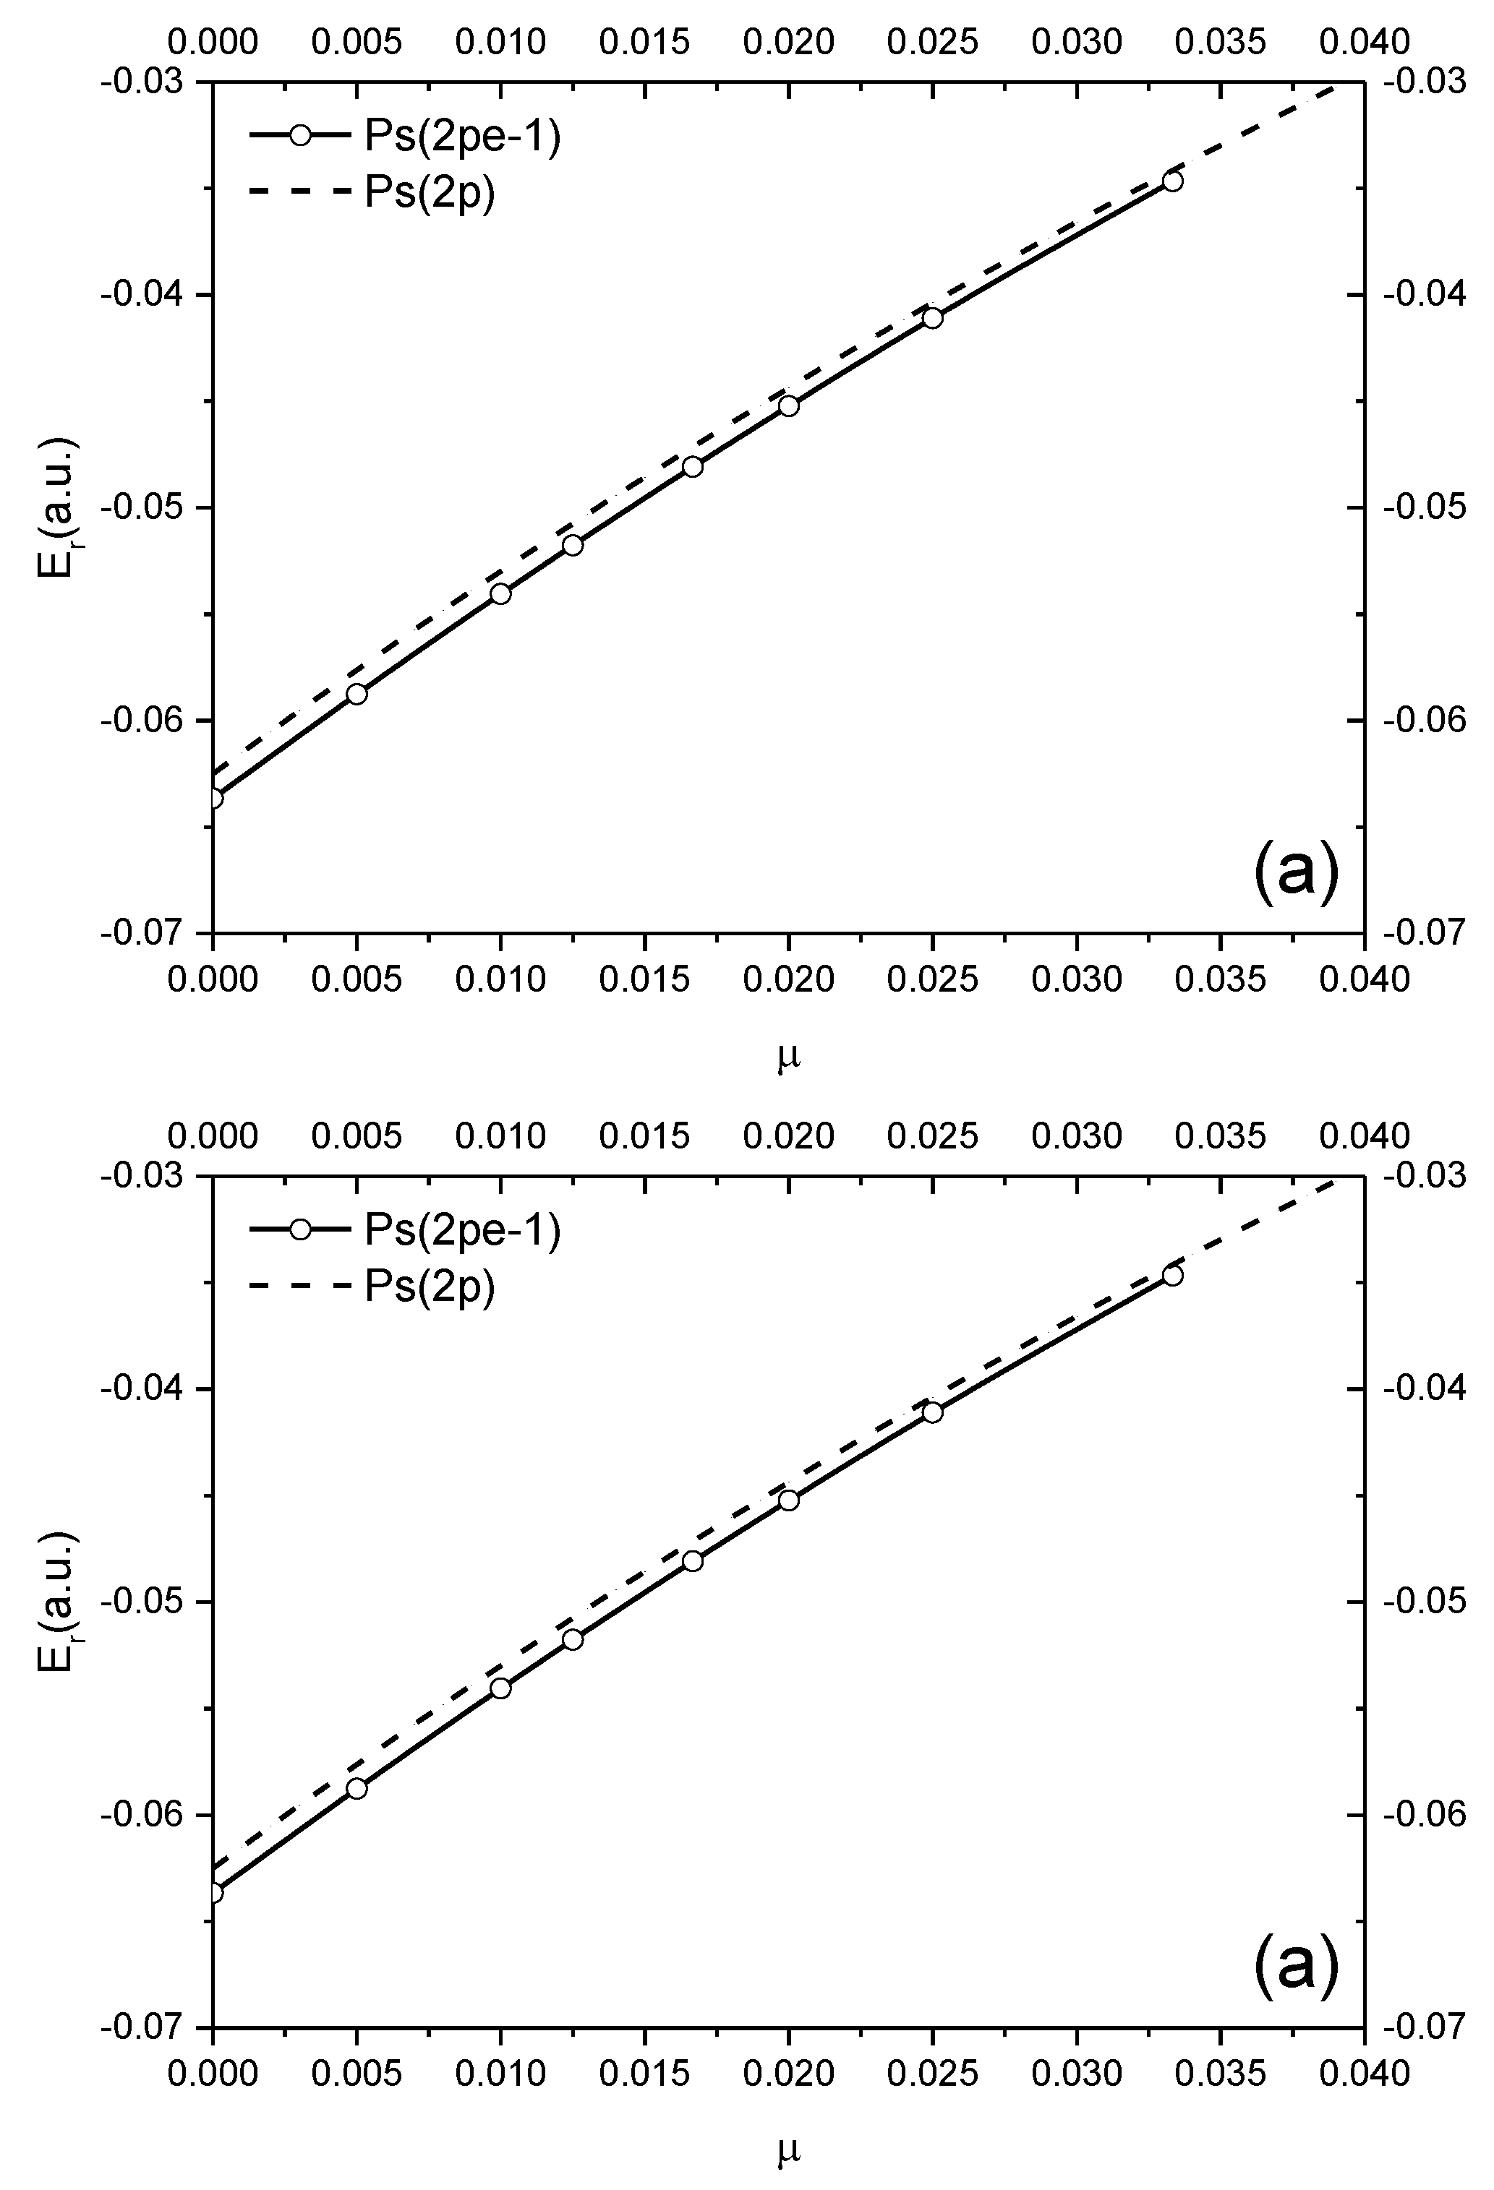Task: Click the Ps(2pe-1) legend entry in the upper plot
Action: coord(405,137)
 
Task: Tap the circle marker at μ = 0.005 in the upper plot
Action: coord(357,695)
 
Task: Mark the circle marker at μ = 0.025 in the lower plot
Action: coord(932,1412)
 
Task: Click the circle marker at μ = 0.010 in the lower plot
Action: coord(500,1688)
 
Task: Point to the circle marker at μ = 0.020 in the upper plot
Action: coord(789,406)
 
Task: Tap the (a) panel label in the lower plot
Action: coord(1296,1967)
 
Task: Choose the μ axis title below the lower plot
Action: coord(789,2150)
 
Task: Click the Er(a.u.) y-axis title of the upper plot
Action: coord(59,507)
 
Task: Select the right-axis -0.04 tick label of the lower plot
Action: coord(1425,1389)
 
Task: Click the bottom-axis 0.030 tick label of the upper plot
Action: coord(1077,980)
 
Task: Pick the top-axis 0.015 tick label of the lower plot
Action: coord(645,1136)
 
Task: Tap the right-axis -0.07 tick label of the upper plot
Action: coord(1425,934)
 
